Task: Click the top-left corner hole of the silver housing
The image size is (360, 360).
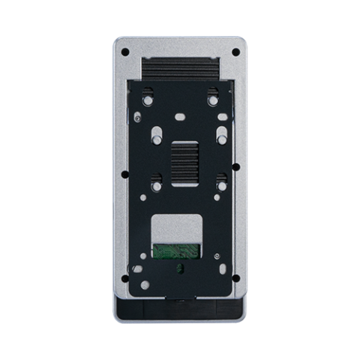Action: pos(125,52)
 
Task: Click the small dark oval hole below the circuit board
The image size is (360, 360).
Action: pos(178,268)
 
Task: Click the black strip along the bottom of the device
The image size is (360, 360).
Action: pos(180,307)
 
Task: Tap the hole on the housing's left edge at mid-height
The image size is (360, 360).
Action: pos(124,166)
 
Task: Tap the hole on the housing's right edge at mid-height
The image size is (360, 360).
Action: pos(235,166)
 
